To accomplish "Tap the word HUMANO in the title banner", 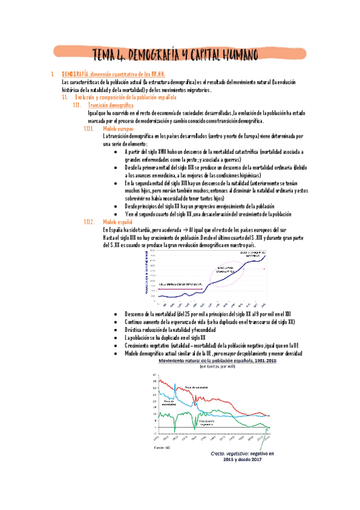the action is coord(234,56).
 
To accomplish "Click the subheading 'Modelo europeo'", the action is coord(118,129).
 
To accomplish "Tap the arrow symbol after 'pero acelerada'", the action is coord(183,230).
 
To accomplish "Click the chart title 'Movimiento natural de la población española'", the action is coord(211,361).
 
